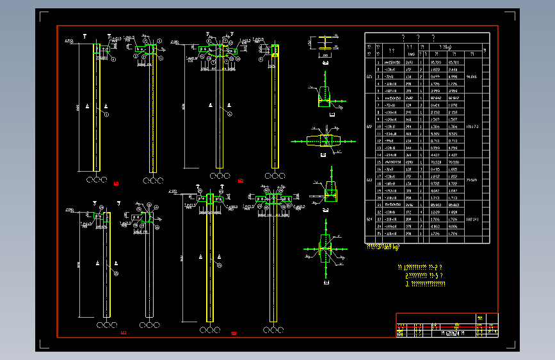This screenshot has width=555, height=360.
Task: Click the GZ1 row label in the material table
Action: pyautogui.click(x=369, y=76)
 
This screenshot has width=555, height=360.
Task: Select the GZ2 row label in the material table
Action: pyautogui.click(x=369, y=127)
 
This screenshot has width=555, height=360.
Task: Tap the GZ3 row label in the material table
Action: pyautogui.click(x=369, y=180)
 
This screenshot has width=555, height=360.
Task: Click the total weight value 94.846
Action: pyautogui.click(x=473, y=76)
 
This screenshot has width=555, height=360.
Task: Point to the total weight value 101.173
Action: pyautogui.click(x=473, y=127)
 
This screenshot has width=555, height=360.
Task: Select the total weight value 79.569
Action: pyautogui.click(x=473, y=180)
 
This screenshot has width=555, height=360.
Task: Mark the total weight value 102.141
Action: pyautogui.click(x=473, y=220)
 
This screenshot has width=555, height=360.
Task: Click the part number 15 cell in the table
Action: pyautogui.click(x=378, y=163)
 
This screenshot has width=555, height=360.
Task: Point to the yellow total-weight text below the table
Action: pyautogui.click(x=387, y=245)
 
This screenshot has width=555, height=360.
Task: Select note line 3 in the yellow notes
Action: pyautogui.click(x=426, y=283)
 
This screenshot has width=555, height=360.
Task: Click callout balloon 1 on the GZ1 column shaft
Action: pyautogui.click(x=107, y=113)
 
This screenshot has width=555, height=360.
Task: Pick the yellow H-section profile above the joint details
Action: pyautogui.click(x=325, y=44)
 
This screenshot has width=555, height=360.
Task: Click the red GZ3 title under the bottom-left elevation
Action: pyautogui.click(x=124, y=332)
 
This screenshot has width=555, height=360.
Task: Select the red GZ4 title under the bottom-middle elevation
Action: pyautogui.click(x=234, y=333)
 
